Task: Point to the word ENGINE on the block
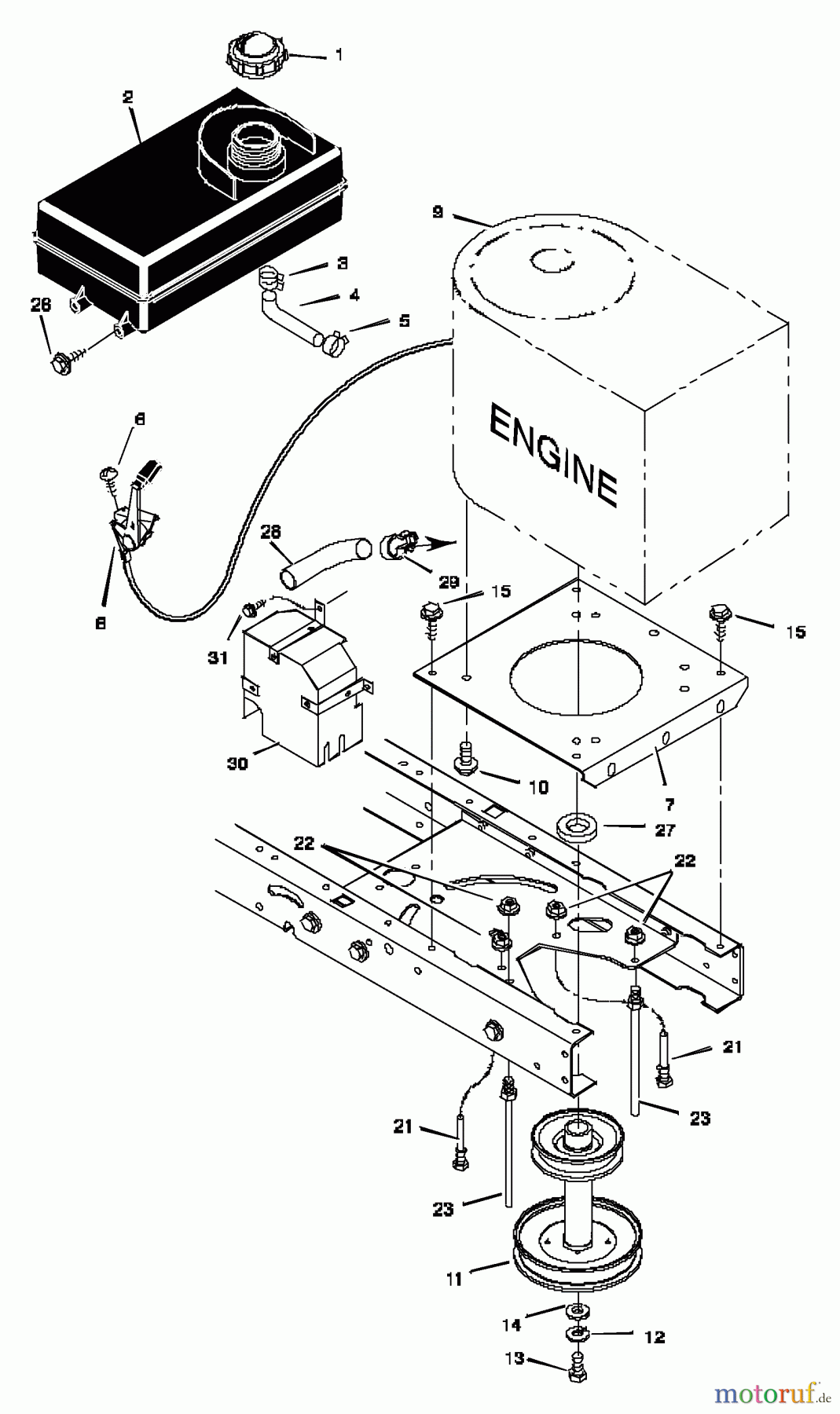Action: coord(552,455)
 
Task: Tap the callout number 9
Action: coord(438,212)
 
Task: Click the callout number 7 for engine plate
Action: coord(669,804)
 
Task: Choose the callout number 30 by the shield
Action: coord(237,762)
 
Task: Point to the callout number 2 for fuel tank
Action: coord(127,97)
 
